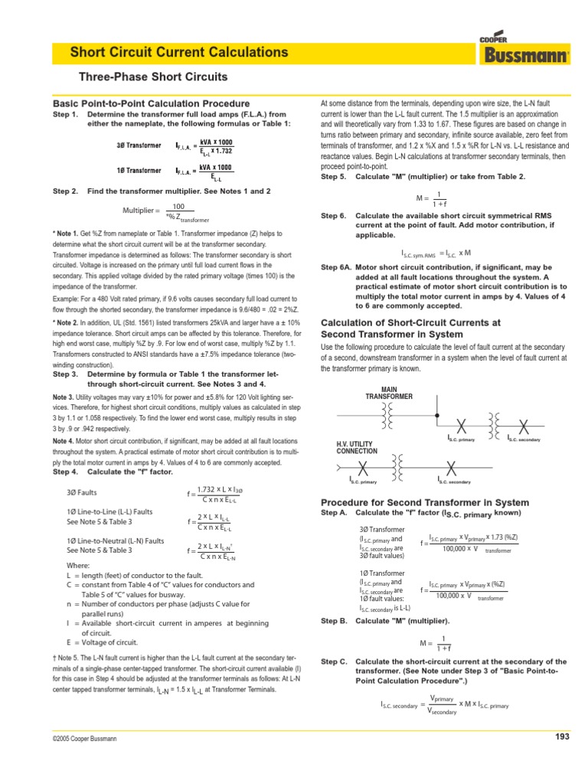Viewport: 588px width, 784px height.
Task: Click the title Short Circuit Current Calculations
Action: click(179, 53)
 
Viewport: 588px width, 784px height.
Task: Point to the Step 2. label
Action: click(65, 190)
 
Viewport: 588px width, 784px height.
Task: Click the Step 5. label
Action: click(333, 176)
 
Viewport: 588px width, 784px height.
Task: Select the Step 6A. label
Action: click(335, 268)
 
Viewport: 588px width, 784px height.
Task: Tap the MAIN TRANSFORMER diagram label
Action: click(389, 393)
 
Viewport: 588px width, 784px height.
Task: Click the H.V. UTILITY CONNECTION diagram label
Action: click(357, 447)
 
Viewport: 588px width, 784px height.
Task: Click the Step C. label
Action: click(334, 661)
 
